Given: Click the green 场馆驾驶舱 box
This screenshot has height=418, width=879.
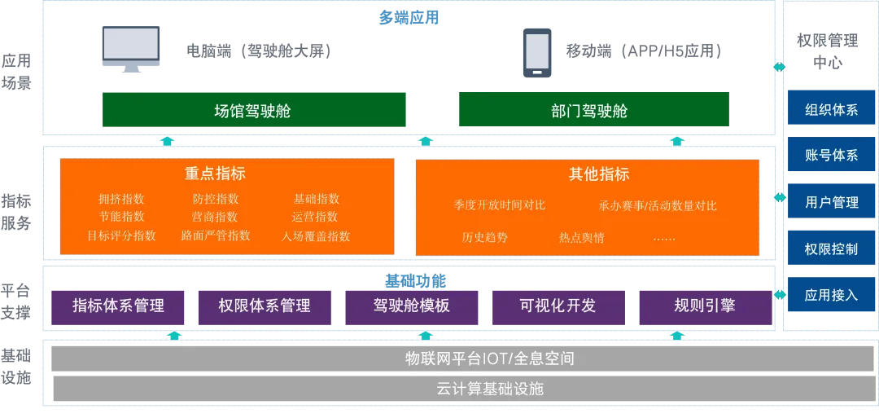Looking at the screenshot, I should (254, 111).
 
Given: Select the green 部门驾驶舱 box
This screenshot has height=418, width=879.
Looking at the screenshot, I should (593, 111).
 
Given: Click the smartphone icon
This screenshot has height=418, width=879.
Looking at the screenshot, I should (537, 51).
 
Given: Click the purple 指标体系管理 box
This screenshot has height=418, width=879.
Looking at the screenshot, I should (119, 306).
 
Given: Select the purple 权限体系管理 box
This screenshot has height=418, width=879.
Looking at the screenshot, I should (265, 306).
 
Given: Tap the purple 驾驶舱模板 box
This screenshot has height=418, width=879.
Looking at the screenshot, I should (412, 306).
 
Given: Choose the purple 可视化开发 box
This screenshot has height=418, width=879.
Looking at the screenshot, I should (558, 306).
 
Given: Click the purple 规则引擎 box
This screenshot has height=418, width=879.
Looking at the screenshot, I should (705, 306).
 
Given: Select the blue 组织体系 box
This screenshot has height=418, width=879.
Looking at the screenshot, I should (831, 109).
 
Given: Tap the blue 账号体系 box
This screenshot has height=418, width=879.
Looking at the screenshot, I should (831, 155).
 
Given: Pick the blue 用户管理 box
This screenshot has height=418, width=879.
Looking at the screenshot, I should (831, 202).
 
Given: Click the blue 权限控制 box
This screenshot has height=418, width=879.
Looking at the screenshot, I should (831, 249).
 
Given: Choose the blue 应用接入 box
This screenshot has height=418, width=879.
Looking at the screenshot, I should (831, 295).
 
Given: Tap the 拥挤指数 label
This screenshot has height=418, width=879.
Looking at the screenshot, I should (121, 199).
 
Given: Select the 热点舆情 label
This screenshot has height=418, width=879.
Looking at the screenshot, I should (581, 238).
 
